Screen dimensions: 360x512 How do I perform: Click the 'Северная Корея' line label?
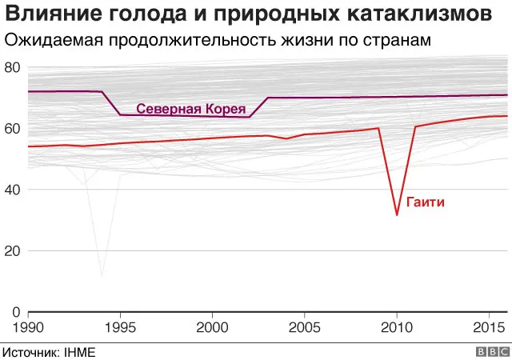point(190,109)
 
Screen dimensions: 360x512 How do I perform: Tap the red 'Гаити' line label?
point(425,202)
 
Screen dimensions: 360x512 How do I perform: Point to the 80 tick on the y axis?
point(12,67)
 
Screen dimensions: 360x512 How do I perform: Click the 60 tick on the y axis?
point(12,128)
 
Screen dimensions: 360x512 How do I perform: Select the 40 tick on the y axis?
point(12,190)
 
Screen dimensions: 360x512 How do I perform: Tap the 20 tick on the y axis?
point(12,250)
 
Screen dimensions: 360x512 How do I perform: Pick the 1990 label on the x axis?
point(29,327)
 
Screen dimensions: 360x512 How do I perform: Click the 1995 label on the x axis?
point(120,327)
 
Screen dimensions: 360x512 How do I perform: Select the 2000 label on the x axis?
point(212,327)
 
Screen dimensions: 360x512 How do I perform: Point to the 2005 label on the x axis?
point(304,327)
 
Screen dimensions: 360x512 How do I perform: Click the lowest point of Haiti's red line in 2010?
point(397,214)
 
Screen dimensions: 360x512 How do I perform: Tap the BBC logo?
point(493,351)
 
